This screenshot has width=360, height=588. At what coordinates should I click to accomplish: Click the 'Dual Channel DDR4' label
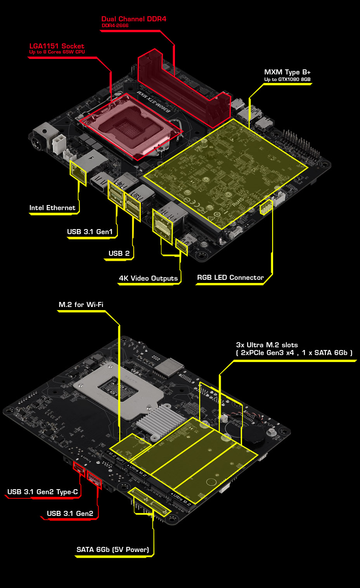(134, 19)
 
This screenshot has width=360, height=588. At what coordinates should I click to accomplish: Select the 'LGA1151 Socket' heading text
(57, 46)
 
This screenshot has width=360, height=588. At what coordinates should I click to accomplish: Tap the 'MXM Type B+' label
(287, 72)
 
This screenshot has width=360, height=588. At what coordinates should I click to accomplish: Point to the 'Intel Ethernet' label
(52, 208)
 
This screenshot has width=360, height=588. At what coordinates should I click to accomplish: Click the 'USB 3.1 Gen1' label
(90, 232)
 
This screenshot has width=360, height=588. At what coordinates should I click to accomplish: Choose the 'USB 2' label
(119, 253)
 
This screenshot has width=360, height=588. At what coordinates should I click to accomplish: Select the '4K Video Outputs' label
(148, 278)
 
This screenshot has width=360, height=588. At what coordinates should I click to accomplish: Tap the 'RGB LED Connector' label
(230, 278)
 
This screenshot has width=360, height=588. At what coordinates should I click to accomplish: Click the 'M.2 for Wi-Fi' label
(81, 305)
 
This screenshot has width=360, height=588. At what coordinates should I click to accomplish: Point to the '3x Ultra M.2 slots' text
(267, 345)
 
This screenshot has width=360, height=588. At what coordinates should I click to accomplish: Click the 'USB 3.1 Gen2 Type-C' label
(43, 492)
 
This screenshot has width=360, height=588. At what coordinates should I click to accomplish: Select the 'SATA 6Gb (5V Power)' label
(112, 550)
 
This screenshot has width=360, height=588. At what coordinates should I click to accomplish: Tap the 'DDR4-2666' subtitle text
(115, 26)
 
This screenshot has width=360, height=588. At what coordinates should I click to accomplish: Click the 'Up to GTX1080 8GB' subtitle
(287, 79)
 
